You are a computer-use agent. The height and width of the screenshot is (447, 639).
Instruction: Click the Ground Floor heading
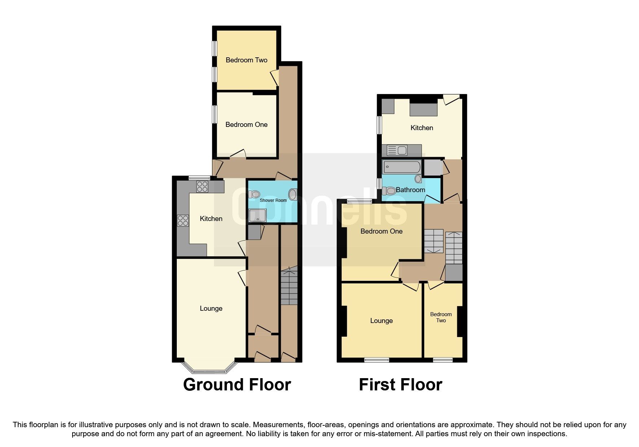237,385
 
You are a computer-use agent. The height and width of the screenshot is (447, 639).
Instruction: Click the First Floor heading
400,385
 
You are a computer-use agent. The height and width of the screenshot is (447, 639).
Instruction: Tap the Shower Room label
273,200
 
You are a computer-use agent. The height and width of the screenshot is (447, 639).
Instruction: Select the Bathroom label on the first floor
410,190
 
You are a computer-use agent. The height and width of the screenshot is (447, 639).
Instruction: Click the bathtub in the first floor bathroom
402,167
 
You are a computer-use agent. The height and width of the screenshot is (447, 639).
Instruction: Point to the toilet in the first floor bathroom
389,190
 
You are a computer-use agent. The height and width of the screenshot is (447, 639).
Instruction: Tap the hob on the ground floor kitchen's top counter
202,186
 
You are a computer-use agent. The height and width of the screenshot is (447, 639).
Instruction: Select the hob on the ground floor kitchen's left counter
183,220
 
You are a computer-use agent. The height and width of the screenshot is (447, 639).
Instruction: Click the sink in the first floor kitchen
397,150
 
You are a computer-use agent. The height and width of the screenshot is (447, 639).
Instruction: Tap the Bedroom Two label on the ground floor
246,60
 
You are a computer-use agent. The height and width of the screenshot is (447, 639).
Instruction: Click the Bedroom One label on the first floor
381,231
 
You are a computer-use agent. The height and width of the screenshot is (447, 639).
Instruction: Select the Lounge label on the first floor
381,321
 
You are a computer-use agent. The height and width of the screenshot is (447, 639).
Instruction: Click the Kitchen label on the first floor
421,128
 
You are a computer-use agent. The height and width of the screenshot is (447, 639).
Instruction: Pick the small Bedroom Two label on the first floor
441,317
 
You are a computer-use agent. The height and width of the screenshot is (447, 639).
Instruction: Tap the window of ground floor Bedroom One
215,114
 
